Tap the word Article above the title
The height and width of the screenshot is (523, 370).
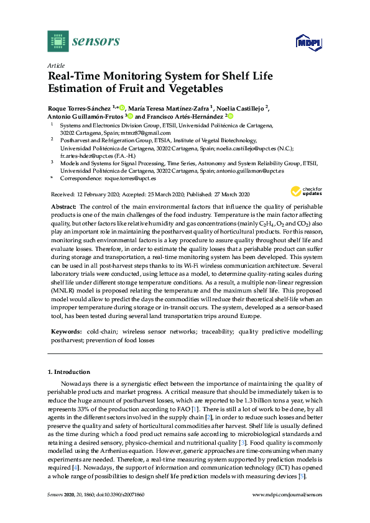57,65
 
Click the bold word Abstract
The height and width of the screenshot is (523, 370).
62,205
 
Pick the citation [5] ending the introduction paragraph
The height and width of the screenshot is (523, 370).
302,476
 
